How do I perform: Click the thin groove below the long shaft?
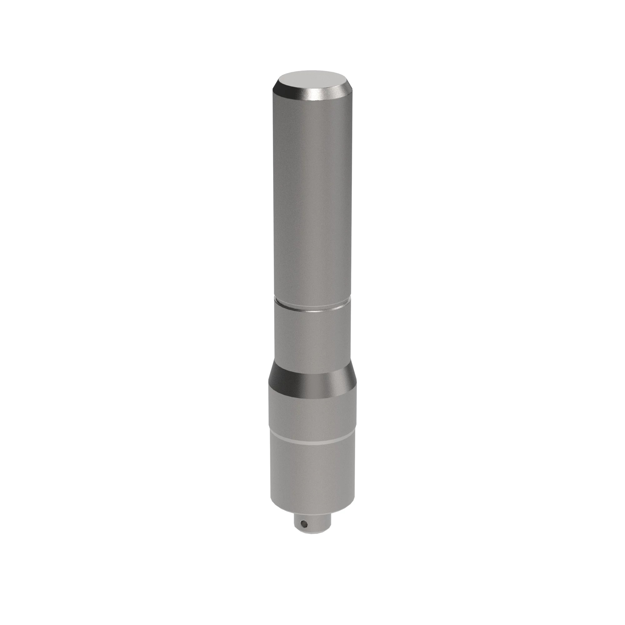[x=312, y=308]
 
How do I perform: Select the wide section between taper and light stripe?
[x=312, y=411]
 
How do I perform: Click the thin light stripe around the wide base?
[x=312, y=441]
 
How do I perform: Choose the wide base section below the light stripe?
[x=312, y=472]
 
